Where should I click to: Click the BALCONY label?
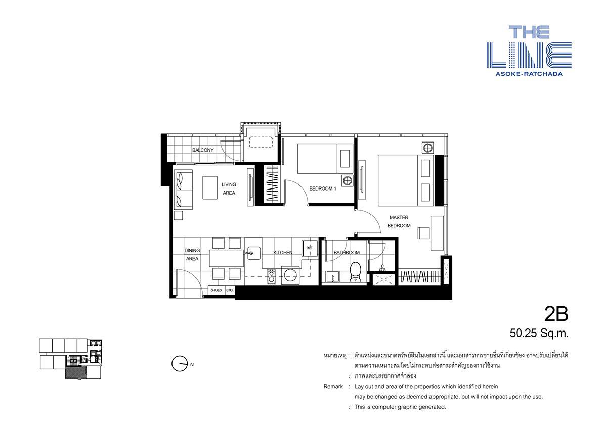(x=203, y=150)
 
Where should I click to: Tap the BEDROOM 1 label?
(x=323, y=188)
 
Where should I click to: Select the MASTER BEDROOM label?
(x=399, y=222)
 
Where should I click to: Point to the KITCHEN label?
(x=283, y=252)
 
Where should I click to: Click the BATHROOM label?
(x=347, y=252)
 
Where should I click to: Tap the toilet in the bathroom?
(x=356, y=272)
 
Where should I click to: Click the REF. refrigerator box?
(x=310, y=248)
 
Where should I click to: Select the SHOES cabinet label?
(x=216, y=290)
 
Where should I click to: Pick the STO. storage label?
(x=230, y=290)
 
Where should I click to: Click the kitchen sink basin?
(x=253, y=253)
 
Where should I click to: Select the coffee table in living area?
(x=209, y=187)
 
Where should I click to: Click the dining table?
(x=227, y=258)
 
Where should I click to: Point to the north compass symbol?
(x=179, y=364)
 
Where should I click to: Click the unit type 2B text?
(x=556, y=314)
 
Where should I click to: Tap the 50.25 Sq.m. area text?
(x=539, y=333)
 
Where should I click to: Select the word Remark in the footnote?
(x=333, y=386)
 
